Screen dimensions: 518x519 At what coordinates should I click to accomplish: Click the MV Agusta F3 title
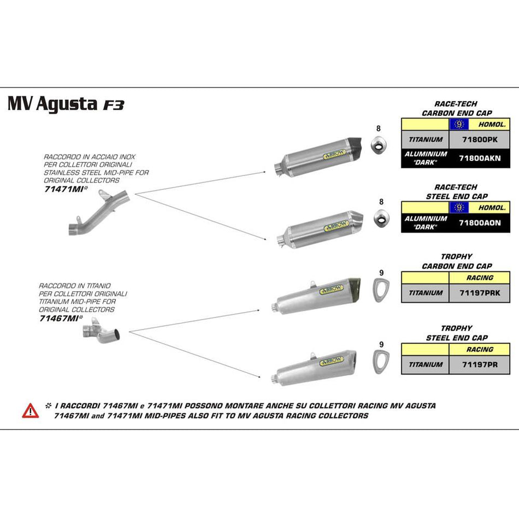pyautogui.click(x=66, y=104)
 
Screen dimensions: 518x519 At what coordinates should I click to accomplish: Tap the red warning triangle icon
pyautogui.click(x=31, y=410)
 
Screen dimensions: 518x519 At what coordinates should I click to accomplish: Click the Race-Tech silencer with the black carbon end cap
pyautogui.click(x=317, y=155)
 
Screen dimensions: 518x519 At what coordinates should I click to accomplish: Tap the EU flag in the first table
pyautogui.click(x=459, y=124)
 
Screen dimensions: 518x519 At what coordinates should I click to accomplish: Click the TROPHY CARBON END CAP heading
pyautogui.click(x=456, y=261)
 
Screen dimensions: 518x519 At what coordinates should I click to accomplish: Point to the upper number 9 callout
pyautogui.click(x=381, y=272)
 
